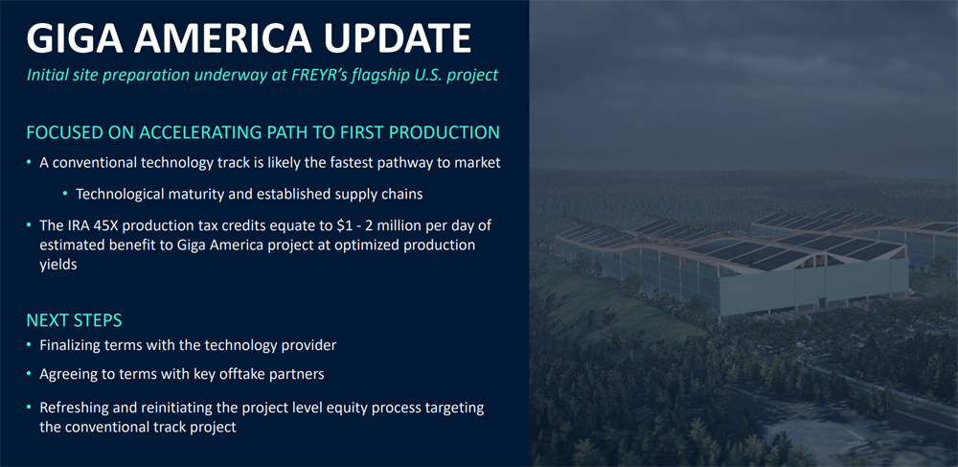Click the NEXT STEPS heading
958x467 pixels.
[74, 319]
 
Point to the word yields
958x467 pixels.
[58, 266]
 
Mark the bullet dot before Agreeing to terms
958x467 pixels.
[29, 373]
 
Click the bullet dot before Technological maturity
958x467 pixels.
[65, 194]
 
